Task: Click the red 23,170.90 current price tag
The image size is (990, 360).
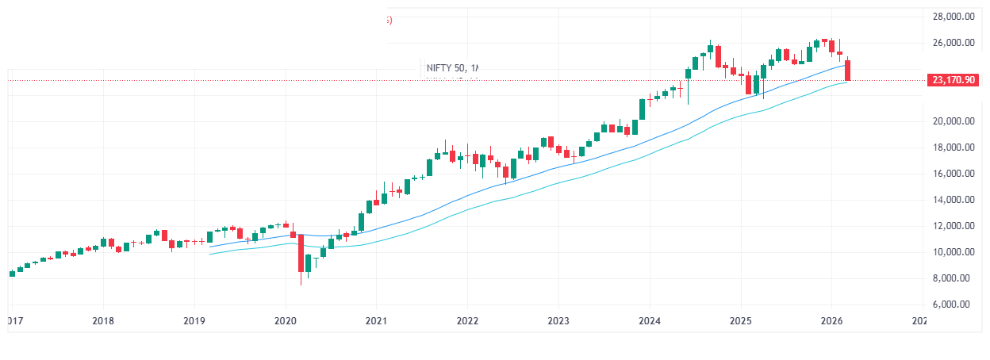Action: click(x=955, y=80)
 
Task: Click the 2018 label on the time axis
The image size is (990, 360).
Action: click(x=102, y=321)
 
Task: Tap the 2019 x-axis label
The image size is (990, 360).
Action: click(x=194, y=321)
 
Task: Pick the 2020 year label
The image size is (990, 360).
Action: click(x=285, y=321)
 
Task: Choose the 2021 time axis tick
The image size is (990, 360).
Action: click(x=376, y=321)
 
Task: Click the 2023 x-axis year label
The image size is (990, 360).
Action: click(x=558, y=321)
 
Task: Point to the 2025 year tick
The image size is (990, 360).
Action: click(x=741, y=321)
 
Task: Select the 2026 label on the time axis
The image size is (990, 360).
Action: click(x=832, y=321)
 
